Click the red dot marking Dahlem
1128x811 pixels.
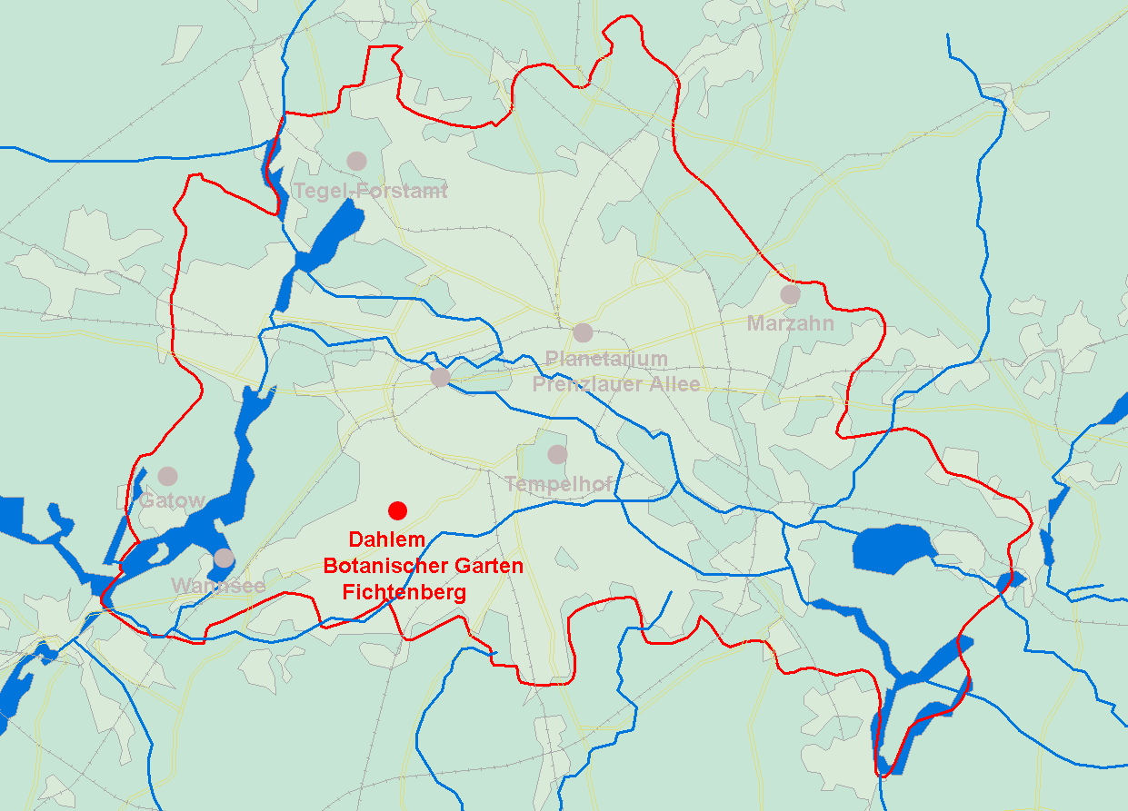point(397,509)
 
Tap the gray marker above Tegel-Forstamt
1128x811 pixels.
point(356,161)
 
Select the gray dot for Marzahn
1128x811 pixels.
point(790,294)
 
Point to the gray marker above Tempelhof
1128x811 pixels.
point(557,454)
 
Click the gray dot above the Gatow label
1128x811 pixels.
point(167,476)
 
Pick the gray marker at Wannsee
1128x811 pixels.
point(224,558)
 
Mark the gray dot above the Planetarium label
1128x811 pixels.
point(583,332)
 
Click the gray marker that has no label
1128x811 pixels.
point(440,377)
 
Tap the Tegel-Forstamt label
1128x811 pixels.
point(370,192)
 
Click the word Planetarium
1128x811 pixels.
point(606,360)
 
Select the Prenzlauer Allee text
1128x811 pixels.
point(616,384)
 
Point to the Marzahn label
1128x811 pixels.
point(790,322)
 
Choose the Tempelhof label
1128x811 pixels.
point(558,483)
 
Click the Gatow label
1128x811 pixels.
point(172,500)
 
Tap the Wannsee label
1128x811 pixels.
point(218,586)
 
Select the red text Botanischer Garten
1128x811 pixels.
point(424,566)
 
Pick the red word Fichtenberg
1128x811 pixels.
point(404,593)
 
